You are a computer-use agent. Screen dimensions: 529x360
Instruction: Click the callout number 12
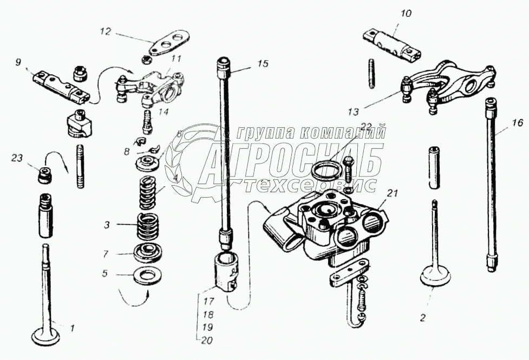(105, 31)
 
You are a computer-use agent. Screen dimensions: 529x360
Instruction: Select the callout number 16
(517, 124)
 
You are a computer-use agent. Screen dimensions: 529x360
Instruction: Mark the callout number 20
(206, 341)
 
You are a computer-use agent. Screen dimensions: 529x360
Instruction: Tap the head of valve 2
(436, 278)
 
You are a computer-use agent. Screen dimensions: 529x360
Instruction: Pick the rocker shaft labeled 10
(393, 44)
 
